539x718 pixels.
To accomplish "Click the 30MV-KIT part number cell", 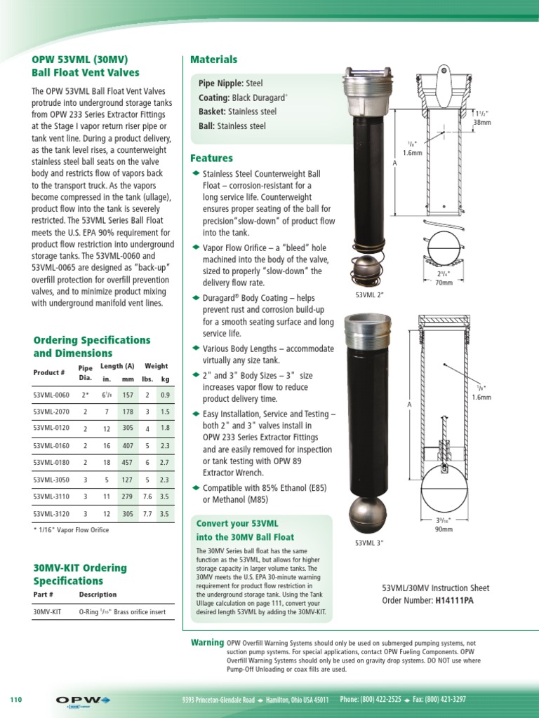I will click(47, 611).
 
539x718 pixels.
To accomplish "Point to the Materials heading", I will click(214, 60).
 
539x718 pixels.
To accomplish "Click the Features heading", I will click(212, 158).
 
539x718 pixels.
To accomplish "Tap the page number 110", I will click(17, 700).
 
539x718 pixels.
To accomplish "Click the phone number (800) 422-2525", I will click(371, 700).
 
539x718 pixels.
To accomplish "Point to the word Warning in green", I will click(207, 642).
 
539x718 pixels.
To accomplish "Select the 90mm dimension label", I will click(445, 529).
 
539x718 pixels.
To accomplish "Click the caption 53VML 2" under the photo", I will click(369, 295).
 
